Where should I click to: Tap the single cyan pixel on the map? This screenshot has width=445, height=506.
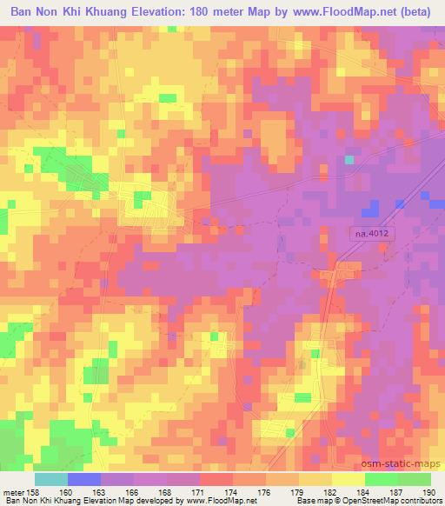click(349, 160)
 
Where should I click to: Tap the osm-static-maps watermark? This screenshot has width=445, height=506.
click(407, 462)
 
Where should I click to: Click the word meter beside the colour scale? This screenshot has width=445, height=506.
click(15, 491)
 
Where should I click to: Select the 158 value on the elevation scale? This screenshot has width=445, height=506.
click(35, 491)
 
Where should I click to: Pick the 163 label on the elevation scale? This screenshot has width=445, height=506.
click(104, 491)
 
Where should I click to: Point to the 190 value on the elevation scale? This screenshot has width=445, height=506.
click(428, 491)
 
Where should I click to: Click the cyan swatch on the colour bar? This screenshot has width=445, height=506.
click(51, 479)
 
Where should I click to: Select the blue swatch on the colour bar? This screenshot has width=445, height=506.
click(84, 479)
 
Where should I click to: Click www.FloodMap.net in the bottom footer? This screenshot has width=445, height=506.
click(221, 501)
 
